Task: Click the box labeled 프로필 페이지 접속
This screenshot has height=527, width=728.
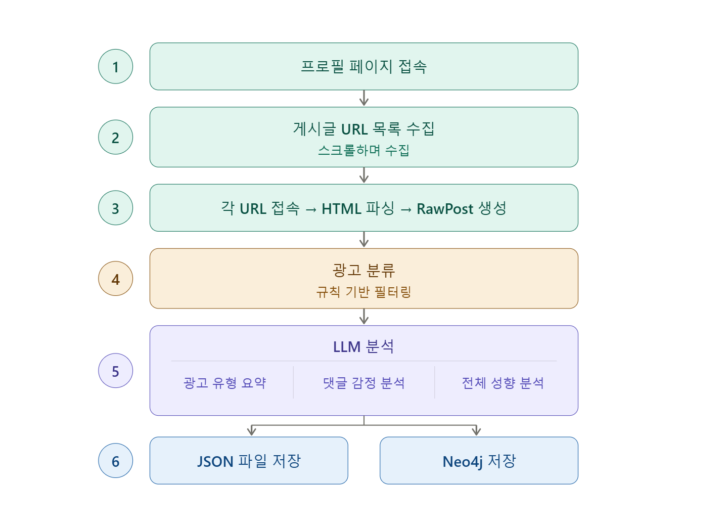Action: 363,66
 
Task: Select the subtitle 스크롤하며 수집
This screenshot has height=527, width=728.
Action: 363,150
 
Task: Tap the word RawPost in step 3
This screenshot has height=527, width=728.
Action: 445,209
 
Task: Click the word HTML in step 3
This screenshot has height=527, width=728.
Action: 341,209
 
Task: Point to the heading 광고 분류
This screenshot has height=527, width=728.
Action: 363,270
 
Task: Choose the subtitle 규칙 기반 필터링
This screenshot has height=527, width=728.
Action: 363,292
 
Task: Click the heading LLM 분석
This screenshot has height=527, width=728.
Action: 363,346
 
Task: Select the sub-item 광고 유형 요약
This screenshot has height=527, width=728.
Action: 225,383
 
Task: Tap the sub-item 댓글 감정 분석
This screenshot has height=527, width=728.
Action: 363,383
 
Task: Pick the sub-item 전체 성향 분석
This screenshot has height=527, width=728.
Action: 503,383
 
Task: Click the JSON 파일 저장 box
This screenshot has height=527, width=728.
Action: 249,461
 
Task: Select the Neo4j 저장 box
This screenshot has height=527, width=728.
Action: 479,461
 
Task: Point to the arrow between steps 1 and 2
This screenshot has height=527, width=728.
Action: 364,98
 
